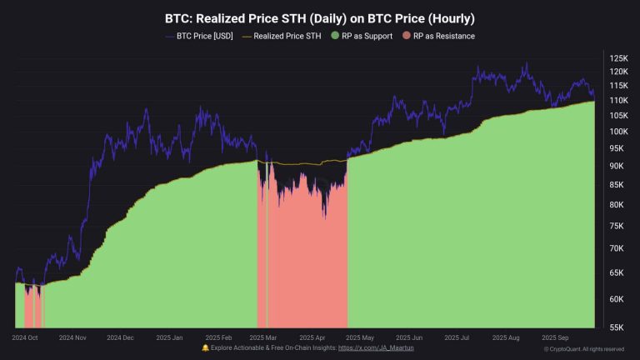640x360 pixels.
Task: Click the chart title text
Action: tap(320, 17)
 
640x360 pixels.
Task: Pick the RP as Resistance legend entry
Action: tap(439, 36)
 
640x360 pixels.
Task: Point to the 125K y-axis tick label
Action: tap(618, 58)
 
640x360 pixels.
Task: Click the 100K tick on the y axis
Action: tap(618, 132)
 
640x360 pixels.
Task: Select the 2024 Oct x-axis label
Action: tap(25, 337)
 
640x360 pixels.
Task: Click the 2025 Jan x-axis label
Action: tap(171, 337)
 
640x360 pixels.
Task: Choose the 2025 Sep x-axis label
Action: tap(555, 337)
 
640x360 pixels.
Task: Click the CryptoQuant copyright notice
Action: tap(583, 349)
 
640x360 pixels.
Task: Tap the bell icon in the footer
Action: tap(206, 347)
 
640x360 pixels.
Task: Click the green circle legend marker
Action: tap(335, 36)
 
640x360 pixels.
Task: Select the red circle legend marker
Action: tap(406, 36)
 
